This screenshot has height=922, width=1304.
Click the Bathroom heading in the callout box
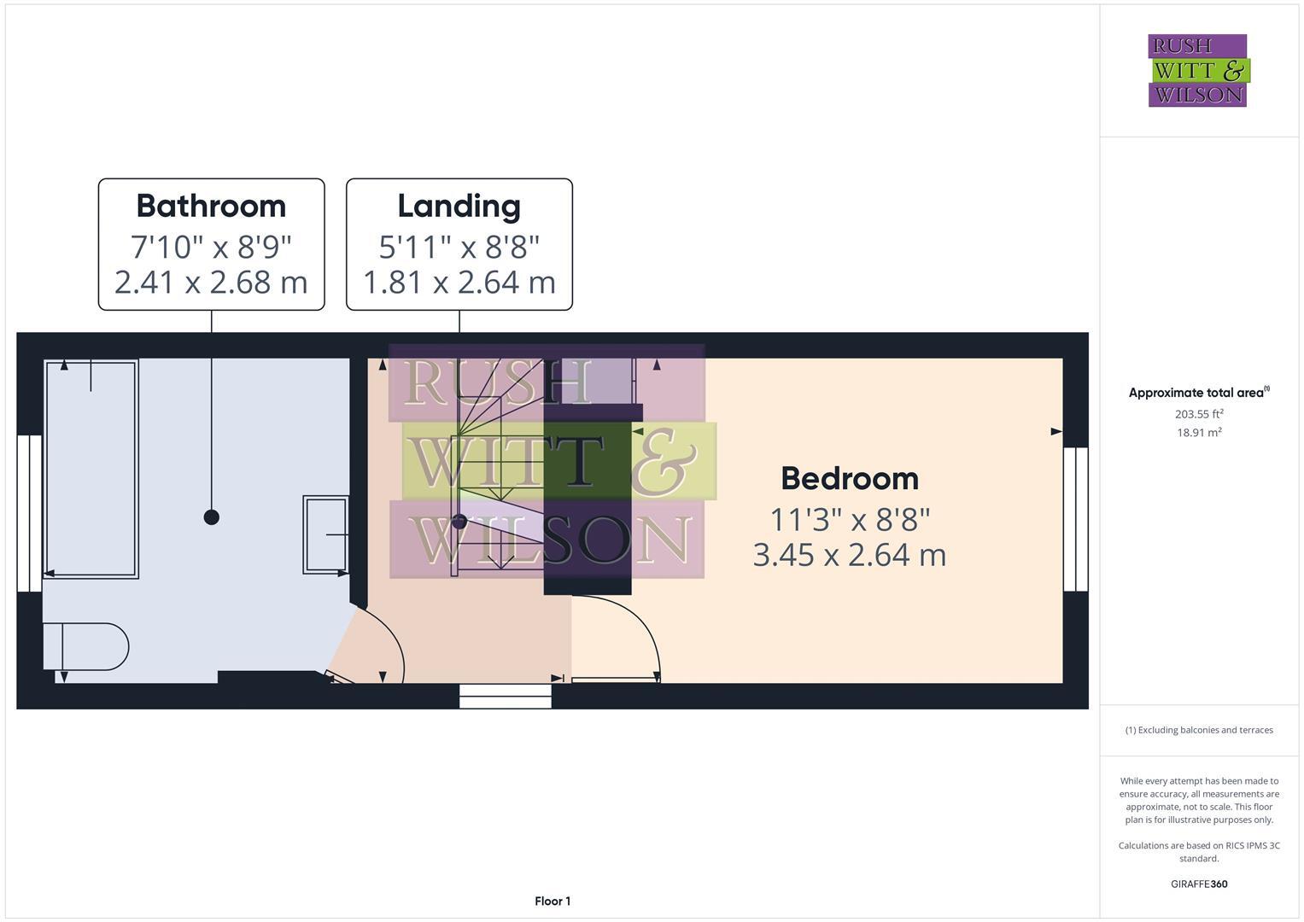pyautogui.click(x=211, y=206)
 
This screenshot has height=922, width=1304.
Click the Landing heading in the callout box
pyautogui.click(x=459, y=206)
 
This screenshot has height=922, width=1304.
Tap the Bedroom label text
pyautogui.click(x=849, y=478)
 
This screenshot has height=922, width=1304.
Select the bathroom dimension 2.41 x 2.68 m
pyautogui.click(x=211, y=282)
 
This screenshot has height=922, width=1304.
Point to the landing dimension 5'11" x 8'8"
pyautogui.click(x=459, y=247)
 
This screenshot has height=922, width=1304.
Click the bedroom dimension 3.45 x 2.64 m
pyautogui.click(x=849, y=555)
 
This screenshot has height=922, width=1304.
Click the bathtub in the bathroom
pyautogui.click(x=91, y=469)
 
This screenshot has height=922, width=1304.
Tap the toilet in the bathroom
pyautogui.click(x=90, y=647)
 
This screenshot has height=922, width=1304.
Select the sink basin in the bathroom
pyautogui.click(x=325, y=534)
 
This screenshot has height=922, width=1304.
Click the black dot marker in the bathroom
pyautogui.click(x=212, y=516)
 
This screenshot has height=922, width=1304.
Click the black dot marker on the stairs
pyautogui.click(x=459, y=522)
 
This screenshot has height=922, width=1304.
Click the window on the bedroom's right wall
pyautogui.click(x=1075, y=519)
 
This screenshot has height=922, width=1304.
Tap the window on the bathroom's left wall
pyautogui.click(x=29, y=513)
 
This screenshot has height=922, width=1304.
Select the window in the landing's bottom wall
pyautogui.click(x=505, y=696)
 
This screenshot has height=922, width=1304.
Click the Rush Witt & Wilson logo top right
pyautogui.click(x=1197, y=71)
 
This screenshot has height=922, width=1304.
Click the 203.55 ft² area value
pyautogui.click(x=1198, y=414)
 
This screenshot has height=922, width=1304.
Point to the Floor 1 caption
pyautogui.click(x=553, y=901)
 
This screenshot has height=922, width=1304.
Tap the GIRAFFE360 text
pyautogui.click(x=1198, y=884)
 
